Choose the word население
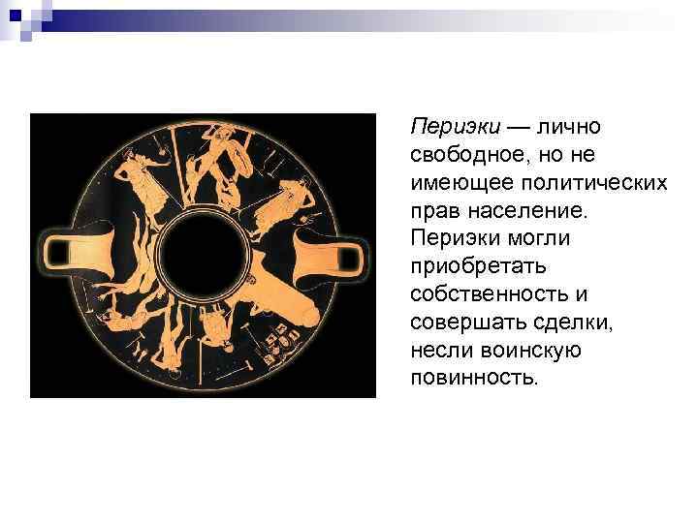coord(523,210)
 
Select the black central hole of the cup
coord(203,255)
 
